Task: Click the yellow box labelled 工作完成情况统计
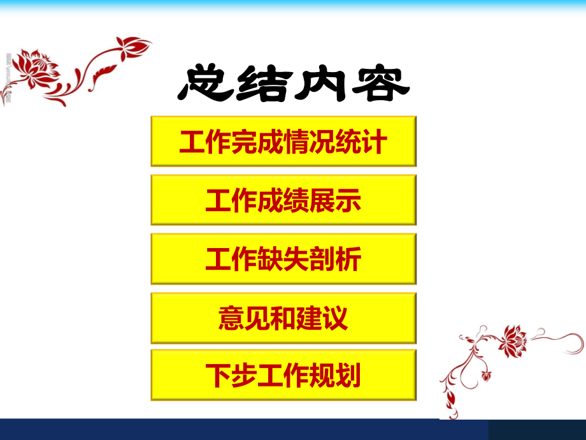[283, 142]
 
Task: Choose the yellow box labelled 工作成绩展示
[283, 200]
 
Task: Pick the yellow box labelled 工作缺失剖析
[283, 259]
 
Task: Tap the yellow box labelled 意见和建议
[283, 318]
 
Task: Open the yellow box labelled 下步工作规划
[283, 376]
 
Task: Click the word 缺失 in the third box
[283, 260]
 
